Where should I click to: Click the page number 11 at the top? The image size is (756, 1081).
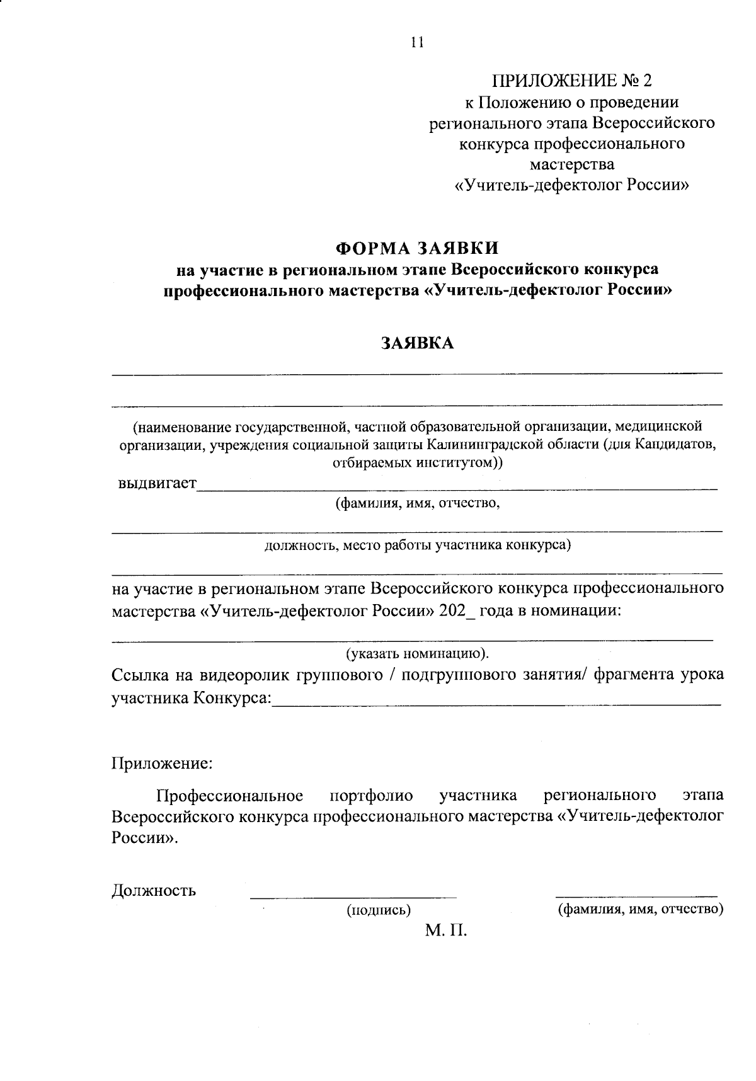417,42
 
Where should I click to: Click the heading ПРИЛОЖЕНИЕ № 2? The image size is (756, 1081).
572,80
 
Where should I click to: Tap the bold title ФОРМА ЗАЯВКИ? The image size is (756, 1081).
417,248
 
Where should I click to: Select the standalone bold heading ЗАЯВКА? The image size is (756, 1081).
416,343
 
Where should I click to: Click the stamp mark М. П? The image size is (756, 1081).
446,930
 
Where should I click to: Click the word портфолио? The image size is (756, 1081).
371,796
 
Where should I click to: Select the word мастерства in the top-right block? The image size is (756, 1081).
572,164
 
